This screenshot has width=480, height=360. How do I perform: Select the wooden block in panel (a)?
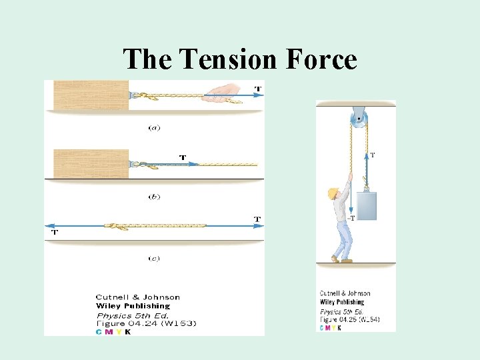pyautogui.click(x=90, y=95)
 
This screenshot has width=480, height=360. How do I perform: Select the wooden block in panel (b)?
pyautogui.click(x=90, y=164)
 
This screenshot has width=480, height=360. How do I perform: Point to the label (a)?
pyautogui.click(x=154, y=127)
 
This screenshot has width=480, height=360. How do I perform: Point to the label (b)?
pyautogui.click(x=154, y=197)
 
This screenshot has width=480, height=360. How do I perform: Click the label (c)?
pyautogui.click(x=154, y=258)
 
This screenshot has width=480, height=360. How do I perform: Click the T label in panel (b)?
pyautogui.click(x=182, y=157)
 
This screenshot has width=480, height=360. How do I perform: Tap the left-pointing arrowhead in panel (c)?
pyautogui.click(x=48, y=225)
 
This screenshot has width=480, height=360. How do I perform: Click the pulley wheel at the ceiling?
pyautogui.click(x=359, y=121)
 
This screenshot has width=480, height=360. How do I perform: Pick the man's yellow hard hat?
pyautogui.click(x=332, y=193)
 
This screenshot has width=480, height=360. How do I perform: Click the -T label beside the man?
pyautogui.click(x=352, y=217)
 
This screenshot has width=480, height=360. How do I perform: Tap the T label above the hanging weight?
pyautogui.click(x=372, y=155)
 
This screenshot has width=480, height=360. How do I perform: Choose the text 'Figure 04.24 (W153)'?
pyautogui.click(x=146, y=323)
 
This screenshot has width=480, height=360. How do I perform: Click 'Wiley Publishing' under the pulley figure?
pyautogui.click(x=341, y=302)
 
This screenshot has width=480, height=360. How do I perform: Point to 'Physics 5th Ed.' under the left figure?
pyautogui.click(x=133, y=315)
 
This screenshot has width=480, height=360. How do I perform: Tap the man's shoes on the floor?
pyautogui.click(x=342, y=259)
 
